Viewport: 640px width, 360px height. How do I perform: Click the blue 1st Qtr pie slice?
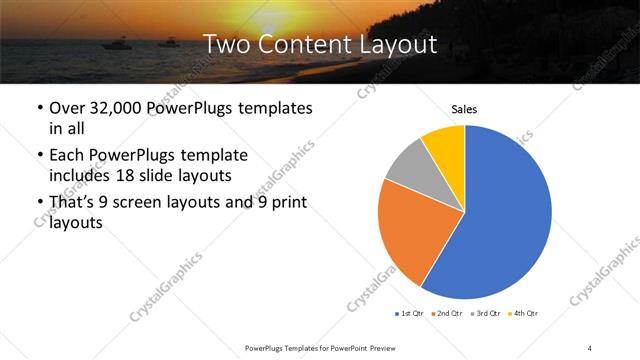pos(510,220)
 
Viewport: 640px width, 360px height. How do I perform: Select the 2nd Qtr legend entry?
pos(447,314)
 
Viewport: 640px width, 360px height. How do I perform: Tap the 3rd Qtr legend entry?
pos(485,314)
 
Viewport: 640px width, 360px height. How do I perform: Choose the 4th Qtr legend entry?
pos(523,314)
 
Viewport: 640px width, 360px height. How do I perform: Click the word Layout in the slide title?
pos(398,44)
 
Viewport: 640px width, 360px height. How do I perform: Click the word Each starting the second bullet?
pos(68,156)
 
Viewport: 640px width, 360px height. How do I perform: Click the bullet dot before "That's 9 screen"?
pos(38,204)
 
